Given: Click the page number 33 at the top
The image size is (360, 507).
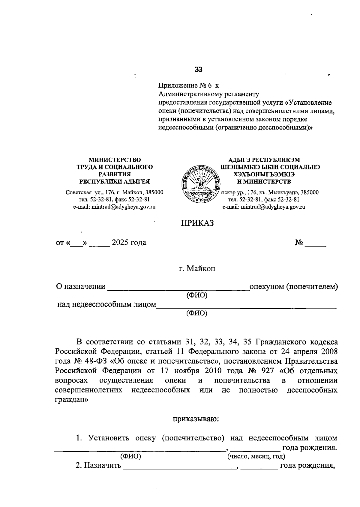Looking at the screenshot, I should click(x=198, y=70).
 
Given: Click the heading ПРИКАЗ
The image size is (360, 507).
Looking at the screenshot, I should click(x=197, y=223).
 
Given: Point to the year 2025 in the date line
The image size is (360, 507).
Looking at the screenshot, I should click(x=120, y=243).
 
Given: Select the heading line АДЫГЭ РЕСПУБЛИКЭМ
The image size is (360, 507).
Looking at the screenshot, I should click(x=264, y=160).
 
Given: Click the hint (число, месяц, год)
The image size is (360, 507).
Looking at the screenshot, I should click(x=256, y=457).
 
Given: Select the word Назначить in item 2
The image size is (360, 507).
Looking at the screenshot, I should click(x=102, y=466).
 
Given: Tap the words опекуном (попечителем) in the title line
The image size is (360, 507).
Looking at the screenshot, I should click(x=294, y=287).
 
